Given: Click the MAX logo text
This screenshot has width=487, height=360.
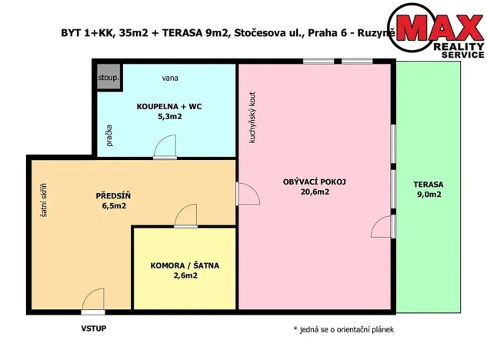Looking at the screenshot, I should pos(439,29).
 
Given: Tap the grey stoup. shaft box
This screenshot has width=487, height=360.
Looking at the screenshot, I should pos(107,78).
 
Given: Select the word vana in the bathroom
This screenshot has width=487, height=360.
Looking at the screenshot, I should pos(171,78).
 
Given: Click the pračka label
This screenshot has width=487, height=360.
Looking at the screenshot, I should pos(110,136).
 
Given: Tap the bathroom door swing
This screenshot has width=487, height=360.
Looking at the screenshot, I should pos(165,148).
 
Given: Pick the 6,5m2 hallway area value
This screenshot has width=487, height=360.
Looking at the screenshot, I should pos(112,205).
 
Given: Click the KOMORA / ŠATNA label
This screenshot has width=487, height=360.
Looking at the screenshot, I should pos(185,265).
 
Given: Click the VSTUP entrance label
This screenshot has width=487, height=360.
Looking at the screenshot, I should pos(93,328).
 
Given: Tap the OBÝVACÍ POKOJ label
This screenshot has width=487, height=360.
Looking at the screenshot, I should pos(315,182).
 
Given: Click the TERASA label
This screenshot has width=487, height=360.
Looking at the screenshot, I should pos(428,184).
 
